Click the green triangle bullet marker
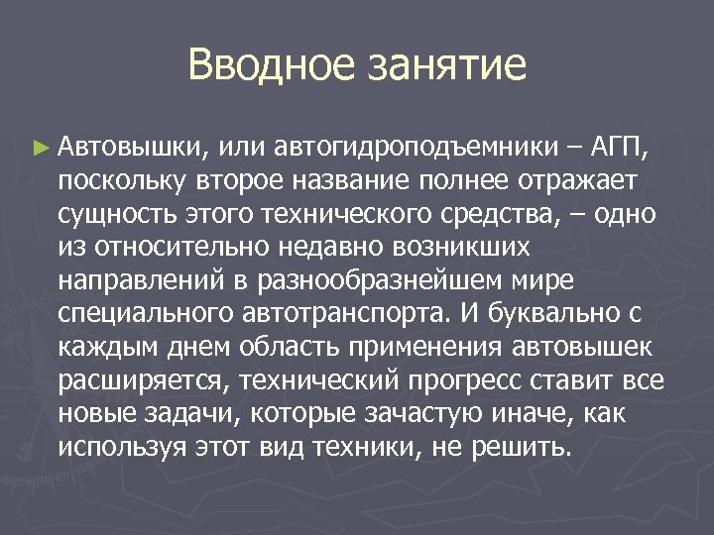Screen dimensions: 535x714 pos(40,149)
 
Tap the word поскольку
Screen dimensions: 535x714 pos(122,181)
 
